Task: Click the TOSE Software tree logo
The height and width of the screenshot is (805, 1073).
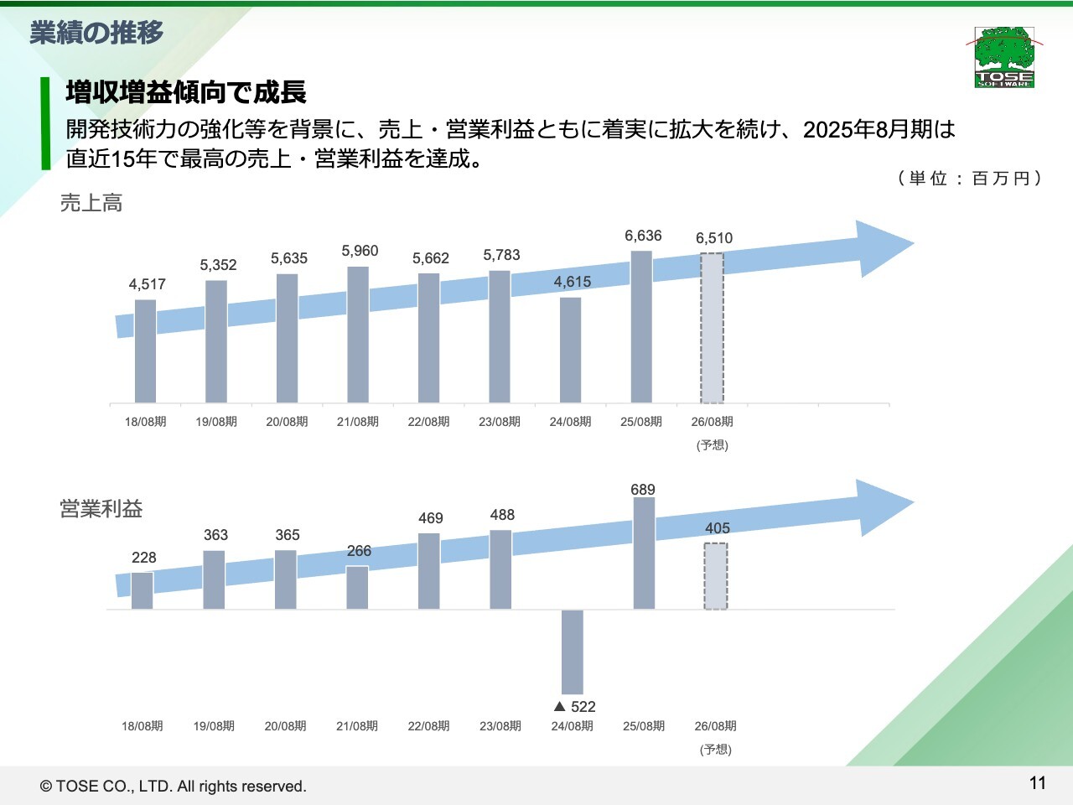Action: (1004, 57)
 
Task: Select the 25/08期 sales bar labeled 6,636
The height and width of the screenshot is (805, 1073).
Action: (641, 327)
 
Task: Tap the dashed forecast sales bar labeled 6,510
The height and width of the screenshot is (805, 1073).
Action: (712, 328)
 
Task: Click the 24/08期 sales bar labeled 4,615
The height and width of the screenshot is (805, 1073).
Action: (570, 350)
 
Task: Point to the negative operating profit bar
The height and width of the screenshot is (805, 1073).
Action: (573, 652)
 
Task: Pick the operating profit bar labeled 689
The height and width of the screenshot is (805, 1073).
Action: (644, 553)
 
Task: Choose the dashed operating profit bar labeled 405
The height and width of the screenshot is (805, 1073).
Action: (715, 576)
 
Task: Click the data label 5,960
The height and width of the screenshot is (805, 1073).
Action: (360, 251)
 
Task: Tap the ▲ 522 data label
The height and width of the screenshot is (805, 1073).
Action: (575, 707)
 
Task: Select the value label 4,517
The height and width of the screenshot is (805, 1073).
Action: (148, 284)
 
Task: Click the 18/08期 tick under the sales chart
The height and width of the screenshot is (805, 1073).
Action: (146, 422)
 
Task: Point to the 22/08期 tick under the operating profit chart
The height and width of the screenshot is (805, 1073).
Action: (428, 726)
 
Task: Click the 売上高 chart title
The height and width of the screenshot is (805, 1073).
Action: (91, 203)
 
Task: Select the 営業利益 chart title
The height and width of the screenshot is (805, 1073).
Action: (101, 509)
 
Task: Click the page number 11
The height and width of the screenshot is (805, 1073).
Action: (1038, 783)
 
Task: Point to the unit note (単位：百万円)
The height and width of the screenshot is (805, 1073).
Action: (969, 178)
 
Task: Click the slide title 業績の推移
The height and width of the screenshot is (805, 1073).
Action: (97, 33)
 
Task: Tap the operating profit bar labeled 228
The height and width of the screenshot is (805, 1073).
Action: (143, 590)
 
